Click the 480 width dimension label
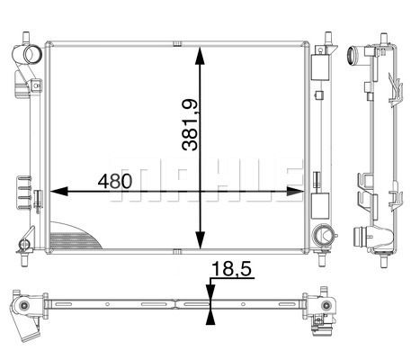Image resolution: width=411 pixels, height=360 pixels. click(115, 181)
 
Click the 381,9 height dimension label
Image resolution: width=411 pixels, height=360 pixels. click(190, 124)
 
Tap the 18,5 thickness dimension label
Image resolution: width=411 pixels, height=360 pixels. click(231, 269)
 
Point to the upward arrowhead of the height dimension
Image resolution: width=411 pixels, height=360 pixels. click(200, 56)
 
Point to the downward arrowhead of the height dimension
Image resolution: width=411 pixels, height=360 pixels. click(200, 239)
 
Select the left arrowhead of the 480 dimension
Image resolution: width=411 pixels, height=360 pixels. click(58, 191)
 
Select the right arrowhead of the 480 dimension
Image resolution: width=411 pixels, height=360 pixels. click(294, 191)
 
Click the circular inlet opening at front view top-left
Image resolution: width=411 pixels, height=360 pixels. click(31, 54)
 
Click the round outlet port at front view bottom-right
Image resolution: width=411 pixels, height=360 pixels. click(322, 235)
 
